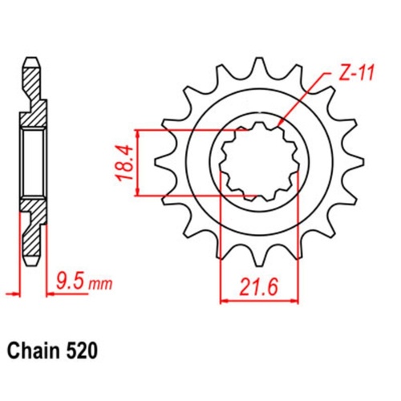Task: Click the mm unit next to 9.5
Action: click(x=100, y=284)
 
